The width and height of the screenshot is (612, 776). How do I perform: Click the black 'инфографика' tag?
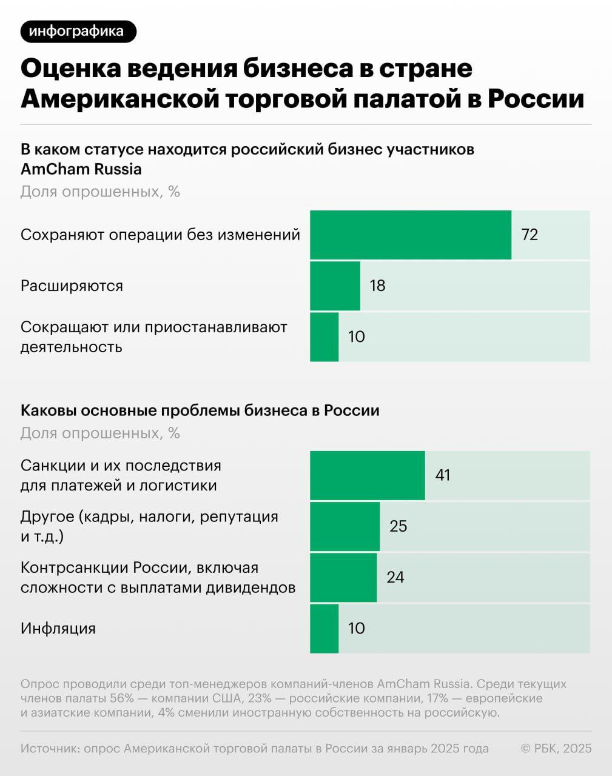tap(78, 32)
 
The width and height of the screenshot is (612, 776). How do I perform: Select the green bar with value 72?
tap(411, 235)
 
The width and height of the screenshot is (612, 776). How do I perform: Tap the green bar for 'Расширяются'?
tap(335, 286)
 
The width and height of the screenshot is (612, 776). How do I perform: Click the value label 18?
tap(377, 286)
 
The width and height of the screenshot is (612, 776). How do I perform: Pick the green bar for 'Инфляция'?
tap(324, 628)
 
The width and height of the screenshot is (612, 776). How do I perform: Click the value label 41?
tap(443, 475)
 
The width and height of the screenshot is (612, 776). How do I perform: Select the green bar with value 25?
tap(345, 526)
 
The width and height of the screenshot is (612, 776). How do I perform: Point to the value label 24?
tap(395, 577)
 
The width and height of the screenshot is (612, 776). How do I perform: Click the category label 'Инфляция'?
tap(58, 628)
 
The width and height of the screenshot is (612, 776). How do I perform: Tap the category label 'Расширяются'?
tap(72, 286)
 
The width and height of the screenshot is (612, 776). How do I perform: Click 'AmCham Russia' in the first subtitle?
tap(81, 169)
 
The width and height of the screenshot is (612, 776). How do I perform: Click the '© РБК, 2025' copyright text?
tap(556, 749)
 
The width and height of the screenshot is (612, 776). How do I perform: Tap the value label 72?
tap(530, 235)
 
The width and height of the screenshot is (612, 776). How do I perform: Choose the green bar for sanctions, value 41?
tap(367, 475)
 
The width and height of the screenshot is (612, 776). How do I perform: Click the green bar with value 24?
tap(343, 577)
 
